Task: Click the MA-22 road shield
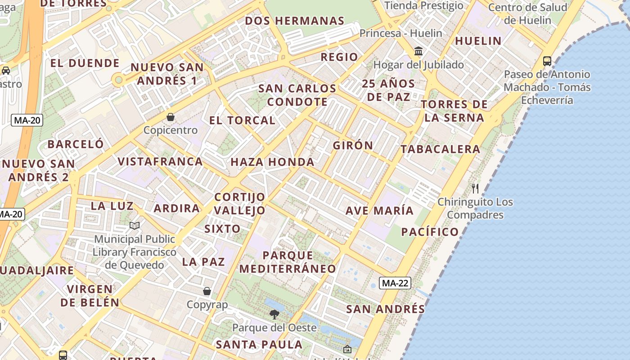click(x=395, y=283)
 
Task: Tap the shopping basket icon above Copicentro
click(x=171, y=117)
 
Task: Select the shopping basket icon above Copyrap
click(x=207, y=292)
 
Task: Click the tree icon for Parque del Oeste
click(x=274, y=314)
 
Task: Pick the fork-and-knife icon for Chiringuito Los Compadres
click(x=475, y=188)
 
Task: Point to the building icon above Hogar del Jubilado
click(x=418, y=51)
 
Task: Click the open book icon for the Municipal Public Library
click(x=135, y=225)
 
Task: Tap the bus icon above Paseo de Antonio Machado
click(x=547, y=61)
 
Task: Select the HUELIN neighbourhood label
click(x=478, y=41)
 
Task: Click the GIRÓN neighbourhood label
click(x=353, y=145)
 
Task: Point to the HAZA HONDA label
click(x=272, y=162)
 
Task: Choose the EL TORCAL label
click(x=242, y=121)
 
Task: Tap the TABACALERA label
click(x=440, y=149)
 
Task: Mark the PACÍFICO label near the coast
click(x=430, y=232)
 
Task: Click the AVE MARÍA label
click(x=379, y=211)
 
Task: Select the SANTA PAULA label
click(x=259, y=345)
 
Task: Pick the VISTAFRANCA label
click(x=160, y=162)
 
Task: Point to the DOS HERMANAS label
click(x=294, y=21)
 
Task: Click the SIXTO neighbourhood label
click(x=222, y=229)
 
